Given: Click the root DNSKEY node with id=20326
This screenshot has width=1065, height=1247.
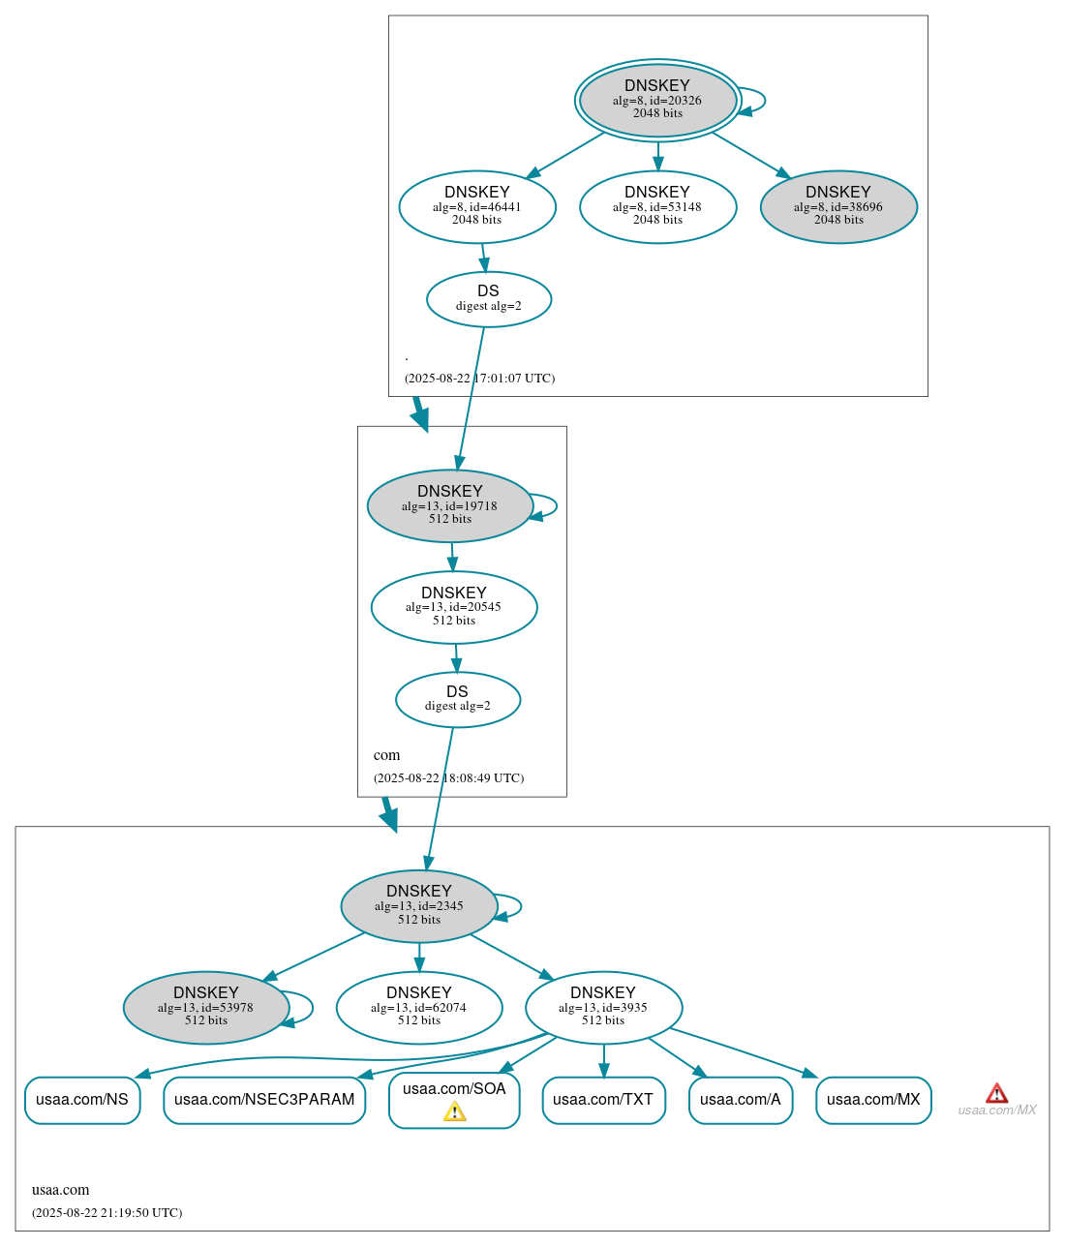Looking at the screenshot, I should [x=657, y=100].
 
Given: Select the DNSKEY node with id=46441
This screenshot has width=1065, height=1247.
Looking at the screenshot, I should [x=476, y=206].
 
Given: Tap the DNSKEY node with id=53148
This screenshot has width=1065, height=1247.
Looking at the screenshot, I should [x=657, y=206].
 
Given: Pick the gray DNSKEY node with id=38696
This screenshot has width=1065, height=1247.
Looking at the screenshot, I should [x=838, y=206].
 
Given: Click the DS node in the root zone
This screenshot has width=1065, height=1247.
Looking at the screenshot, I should [x=488, y=299].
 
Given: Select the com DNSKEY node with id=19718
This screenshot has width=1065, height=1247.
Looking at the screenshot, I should [x=449, y=505].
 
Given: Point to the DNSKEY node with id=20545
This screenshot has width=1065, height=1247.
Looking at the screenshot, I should [x=453, y=607].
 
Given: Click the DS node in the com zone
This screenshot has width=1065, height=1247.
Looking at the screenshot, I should [x=457, y=699].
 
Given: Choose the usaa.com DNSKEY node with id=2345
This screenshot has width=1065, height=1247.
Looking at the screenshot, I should [x=418, y=905].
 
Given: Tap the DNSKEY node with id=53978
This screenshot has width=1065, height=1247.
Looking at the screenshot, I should [x=205, y=1007].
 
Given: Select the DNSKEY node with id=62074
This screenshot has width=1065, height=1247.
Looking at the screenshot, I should [x=418, y=1007].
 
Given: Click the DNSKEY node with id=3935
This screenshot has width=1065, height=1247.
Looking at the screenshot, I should [x=603, y=1007].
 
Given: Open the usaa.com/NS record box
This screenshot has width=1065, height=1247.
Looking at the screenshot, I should [x=82, y=1100].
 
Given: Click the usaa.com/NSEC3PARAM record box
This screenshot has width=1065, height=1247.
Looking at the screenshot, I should [x=264, y=1100].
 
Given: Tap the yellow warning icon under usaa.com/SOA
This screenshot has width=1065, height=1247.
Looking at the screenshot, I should [x=454, y=1111].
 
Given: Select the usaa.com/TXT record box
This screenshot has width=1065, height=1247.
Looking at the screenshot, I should [x=603, y=1100].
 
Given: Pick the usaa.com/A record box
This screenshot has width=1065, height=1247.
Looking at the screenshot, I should [x=741, y=1100].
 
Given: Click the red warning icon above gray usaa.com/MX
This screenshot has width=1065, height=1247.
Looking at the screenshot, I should [x=996, y=1093].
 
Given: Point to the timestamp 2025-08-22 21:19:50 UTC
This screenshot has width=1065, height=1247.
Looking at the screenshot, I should [x=106, y=1213].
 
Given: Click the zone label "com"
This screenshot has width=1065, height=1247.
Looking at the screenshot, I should [x=386, y=755].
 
